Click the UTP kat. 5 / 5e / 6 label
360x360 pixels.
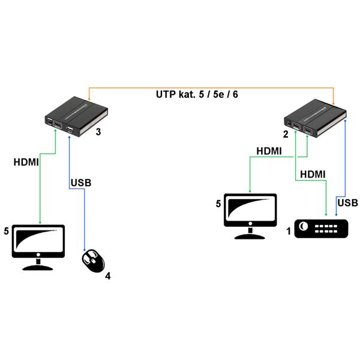(197, 95)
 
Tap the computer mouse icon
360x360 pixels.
(93, 261)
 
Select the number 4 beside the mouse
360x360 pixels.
(107, 276)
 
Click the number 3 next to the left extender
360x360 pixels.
(98, 132)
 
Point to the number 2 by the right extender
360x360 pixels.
(286, 134)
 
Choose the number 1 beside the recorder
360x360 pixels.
(289, 231)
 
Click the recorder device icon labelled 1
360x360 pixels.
(321, 229)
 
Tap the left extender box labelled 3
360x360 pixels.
(76, 116)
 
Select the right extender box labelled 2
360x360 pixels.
(315, 118)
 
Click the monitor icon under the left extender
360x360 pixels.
(38, 247)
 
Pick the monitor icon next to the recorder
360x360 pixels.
(250, 217)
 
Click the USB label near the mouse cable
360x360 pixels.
(81, 183)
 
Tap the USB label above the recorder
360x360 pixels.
(347, 203)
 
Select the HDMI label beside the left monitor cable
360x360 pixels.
(26, 162)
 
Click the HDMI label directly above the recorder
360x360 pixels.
(313, 175)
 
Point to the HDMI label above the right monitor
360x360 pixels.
(269, 151)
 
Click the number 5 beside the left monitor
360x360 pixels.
(6, 231)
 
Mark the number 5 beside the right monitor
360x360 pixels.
(218, 203)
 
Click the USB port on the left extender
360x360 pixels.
(70, 130)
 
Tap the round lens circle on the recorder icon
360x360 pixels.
(303, 226)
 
